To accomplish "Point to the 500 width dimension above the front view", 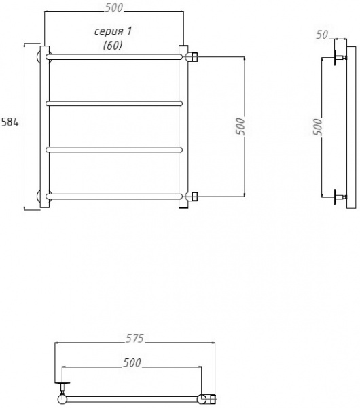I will (114, 7).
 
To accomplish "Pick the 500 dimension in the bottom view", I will (132, 363).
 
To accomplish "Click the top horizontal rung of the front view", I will (114, 55).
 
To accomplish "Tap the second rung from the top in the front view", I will (114, 103).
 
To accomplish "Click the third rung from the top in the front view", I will (114, 149).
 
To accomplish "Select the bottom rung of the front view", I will (114, 197).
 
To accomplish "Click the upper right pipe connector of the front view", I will (192, 55).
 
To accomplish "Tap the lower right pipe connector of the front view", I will (192, 197).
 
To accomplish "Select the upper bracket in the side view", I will (338, 57).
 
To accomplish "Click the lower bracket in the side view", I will (338, 198).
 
